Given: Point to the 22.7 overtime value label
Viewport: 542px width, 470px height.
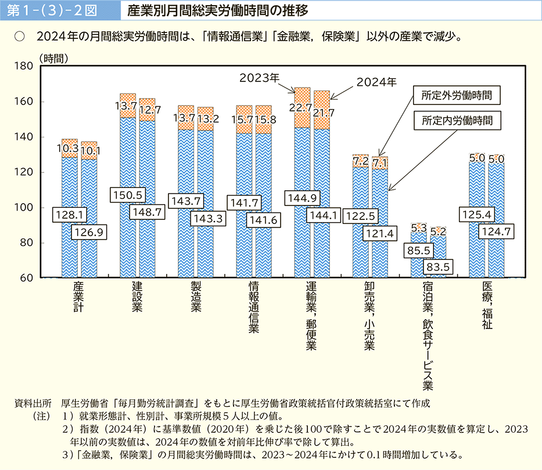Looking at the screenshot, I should pyautogui.click(x=301, y=107).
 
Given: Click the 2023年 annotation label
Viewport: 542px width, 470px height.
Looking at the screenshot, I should pyautogui.click(x=260, y=77).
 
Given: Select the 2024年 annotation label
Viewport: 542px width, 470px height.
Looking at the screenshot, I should pyautogui.click(x=376, y=82).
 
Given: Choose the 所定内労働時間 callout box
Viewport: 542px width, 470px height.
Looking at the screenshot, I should pyautogui.click(x=457, y=121).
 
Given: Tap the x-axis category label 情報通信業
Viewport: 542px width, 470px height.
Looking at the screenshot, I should pyautogui.click(x=253, y=308).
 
